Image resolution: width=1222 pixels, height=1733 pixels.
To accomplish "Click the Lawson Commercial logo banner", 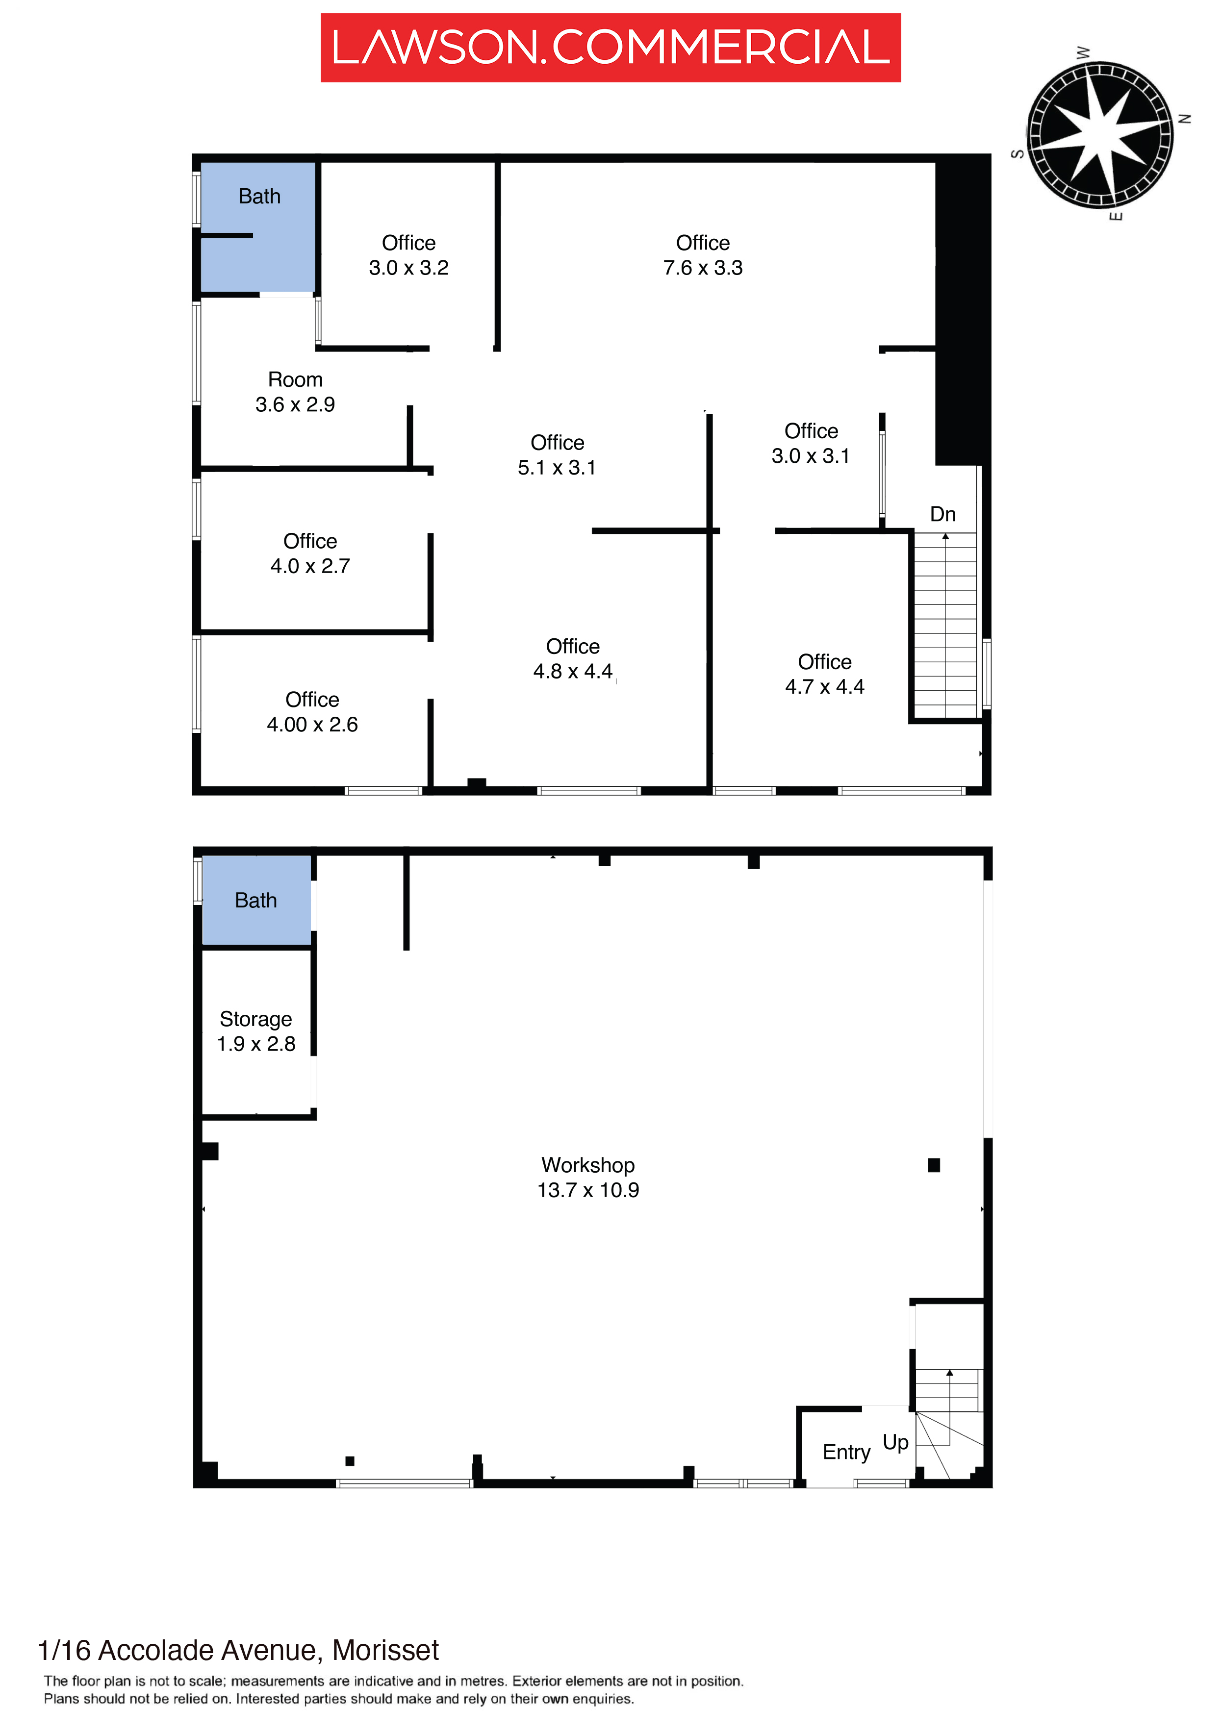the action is click(x=610, y=48).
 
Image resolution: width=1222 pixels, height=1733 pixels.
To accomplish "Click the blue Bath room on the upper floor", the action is click(x=257, y=227).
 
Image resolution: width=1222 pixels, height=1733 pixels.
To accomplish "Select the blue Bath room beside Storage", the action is click(x=256, y=900).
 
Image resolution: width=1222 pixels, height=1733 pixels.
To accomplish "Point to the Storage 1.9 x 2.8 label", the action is click(x=256, y=1031).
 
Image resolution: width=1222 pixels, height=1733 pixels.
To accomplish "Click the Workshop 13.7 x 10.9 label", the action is click(x=588, y=1178).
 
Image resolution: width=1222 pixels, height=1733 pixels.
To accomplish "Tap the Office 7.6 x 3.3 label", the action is click(x=703, y=255).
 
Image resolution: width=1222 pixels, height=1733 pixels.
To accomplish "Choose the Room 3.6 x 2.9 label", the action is click(x=295, y=392).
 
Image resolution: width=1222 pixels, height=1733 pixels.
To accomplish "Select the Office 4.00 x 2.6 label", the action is click(x=312, y=712).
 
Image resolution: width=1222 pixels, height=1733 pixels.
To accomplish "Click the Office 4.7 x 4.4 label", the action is click(x=825, y=674).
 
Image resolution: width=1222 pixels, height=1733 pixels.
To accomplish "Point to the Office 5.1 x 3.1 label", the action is click(x=557, y=455).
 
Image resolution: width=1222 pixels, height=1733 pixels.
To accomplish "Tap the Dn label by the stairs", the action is click(x=942, y=514).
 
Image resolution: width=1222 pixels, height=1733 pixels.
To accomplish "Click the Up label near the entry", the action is click(x=896, y=1442).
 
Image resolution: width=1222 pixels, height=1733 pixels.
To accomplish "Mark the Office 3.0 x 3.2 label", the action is click(x=408, y=255).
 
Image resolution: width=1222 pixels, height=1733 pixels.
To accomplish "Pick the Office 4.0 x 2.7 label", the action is click(x=310, y=553).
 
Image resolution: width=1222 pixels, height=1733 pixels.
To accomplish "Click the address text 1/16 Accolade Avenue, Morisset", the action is click(x=238, y=1651).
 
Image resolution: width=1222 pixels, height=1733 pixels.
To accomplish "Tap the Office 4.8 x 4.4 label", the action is click(x=573, y=658).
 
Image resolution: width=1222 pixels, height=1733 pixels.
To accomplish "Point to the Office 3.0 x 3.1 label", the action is click(x=811, y=443).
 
